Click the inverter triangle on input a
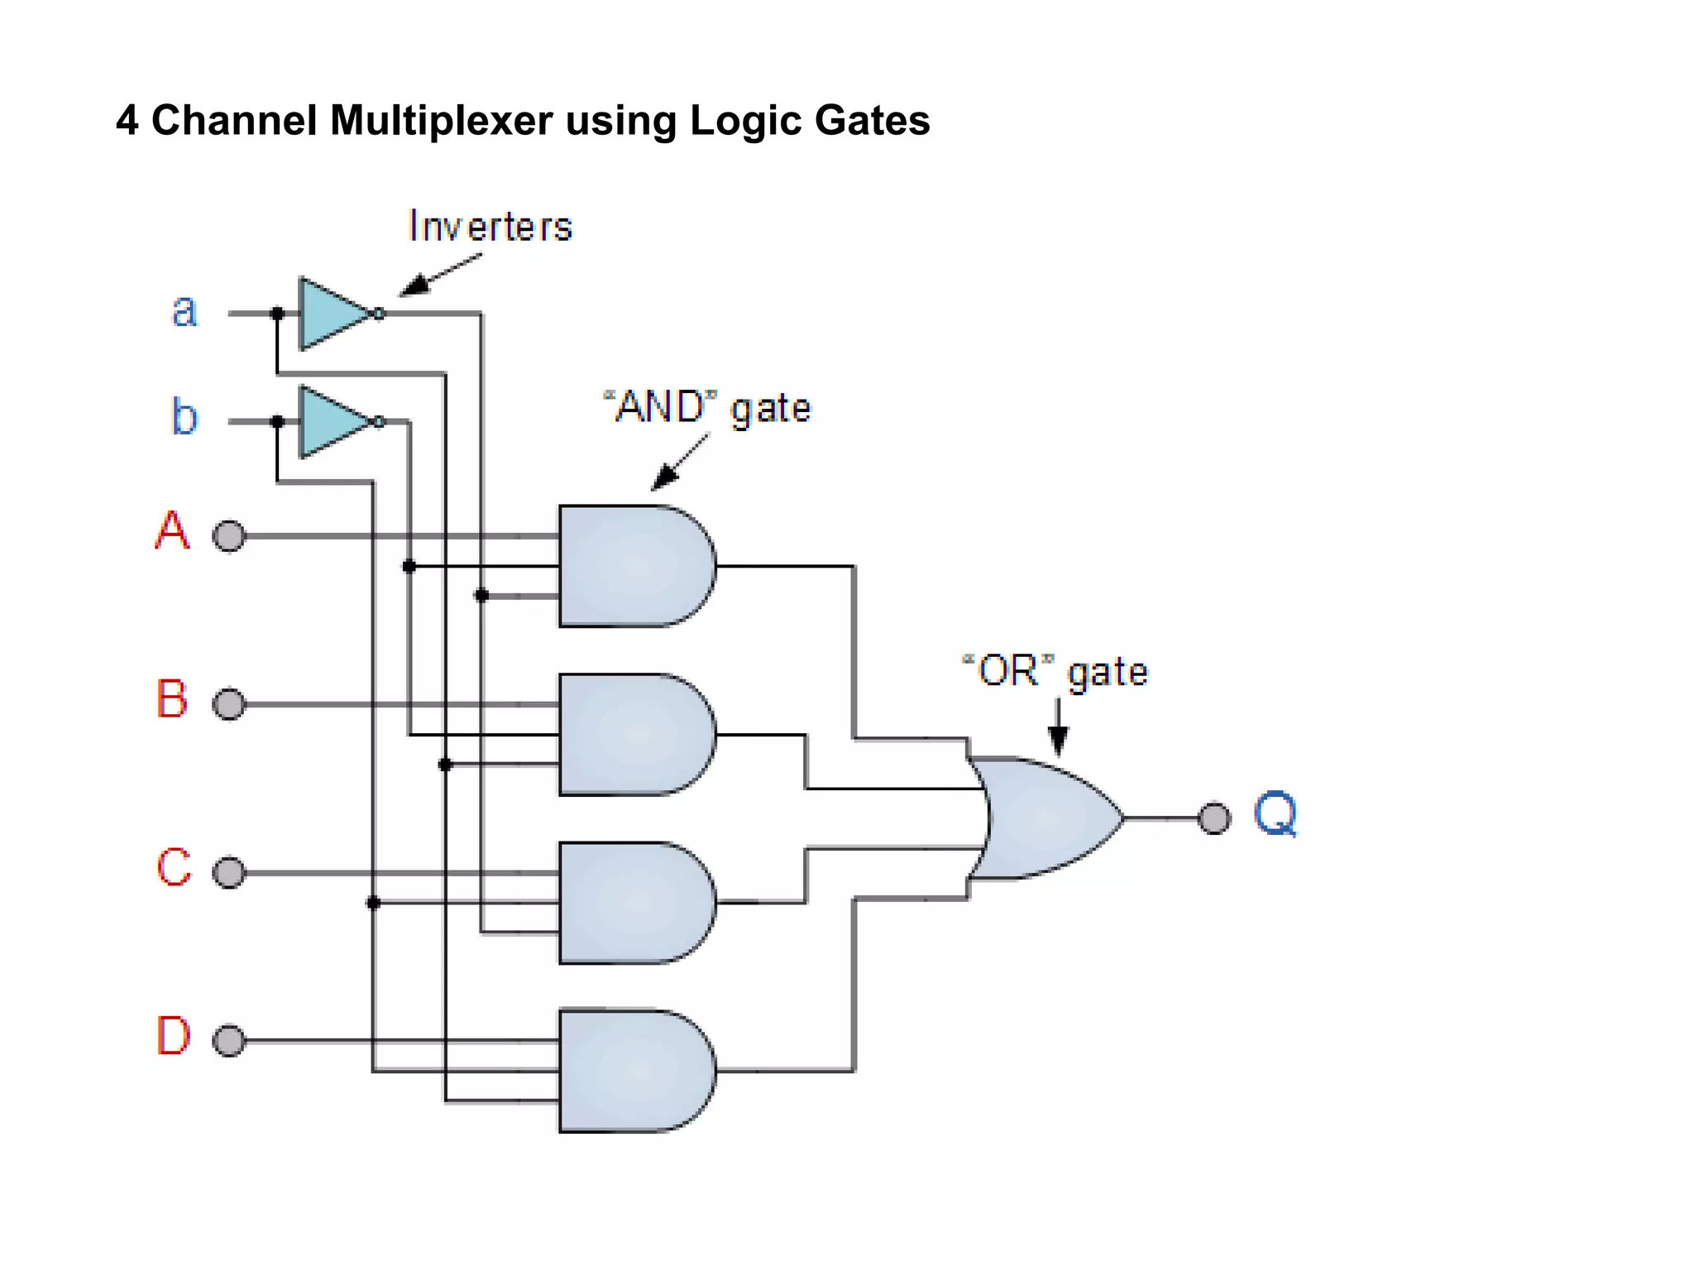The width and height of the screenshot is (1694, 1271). point(331,314)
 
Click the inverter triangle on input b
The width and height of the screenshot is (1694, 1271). point(331,421)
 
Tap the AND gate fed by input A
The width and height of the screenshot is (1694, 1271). point(633,566)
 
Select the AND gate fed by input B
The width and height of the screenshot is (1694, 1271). point(633,735)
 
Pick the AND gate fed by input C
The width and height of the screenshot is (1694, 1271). point(633,903)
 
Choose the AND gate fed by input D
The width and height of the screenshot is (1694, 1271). point(633,1071)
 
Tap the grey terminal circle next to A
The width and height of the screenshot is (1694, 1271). point(229,536)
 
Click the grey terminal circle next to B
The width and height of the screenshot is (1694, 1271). point(229,704)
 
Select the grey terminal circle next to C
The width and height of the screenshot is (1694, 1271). point(229,872)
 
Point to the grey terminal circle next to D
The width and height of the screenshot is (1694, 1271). point(229,1040)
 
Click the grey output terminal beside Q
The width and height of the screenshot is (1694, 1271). point(1214,818)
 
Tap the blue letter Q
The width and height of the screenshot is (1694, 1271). point(1275,814)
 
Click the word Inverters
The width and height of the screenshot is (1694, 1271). point(490,227)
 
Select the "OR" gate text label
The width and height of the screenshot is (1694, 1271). point(1055,671)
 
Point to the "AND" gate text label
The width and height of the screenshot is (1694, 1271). point(707,408)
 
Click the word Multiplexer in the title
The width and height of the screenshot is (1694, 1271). point(441,121)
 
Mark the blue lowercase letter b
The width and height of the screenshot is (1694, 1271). point(184,416)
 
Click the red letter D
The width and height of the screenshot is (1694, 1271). point(173,1035)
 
